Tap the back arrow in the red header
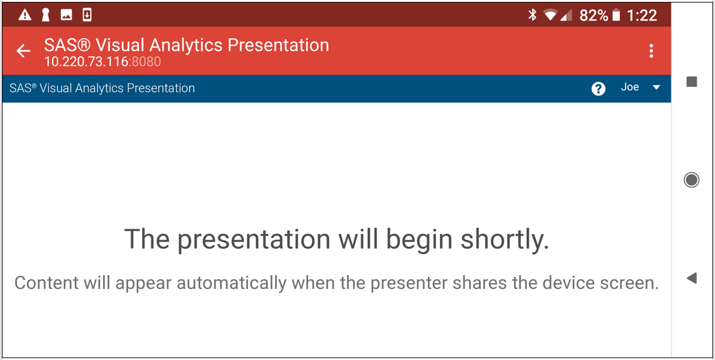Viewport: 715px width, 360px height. [x=23, y=51]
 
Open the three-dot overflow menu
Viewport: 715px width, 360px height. [x=651, y=51]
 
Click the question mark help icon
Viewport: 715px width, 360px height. [x=598, y=88]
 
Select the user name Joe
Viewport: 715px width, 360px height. [x=629, y=87]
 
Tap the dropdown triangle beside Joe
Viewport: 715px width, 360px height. [x=656, y=87]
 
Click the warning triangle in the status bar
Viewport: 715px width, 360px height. [x=25, y=15]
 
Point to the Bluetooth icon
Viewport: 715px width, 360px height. [x=532, y=15]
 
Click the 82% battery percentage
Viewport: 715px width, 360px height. [x=594, y=15]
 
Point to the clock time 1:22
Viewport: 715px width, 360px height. [x=641, y=15]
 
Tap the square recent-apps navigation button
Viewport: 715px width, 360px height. [x=692, y=82]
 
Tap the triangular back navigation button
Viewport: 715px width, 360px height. [x=692, y=278]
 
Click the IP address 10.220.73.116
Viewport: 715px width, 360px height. [x=86, y=61]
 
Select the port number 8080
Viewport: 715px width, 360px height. [x=146, y=61]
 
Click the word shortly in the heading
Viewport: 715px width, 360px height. [x=504, y=239]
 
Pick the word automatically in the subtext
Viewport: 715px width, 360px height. [x=231, y=283]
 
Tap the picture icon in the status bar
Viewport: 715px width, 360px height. [x=66, y=15]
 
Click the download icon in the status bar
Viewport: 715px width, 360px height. [x=87, y=15]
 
